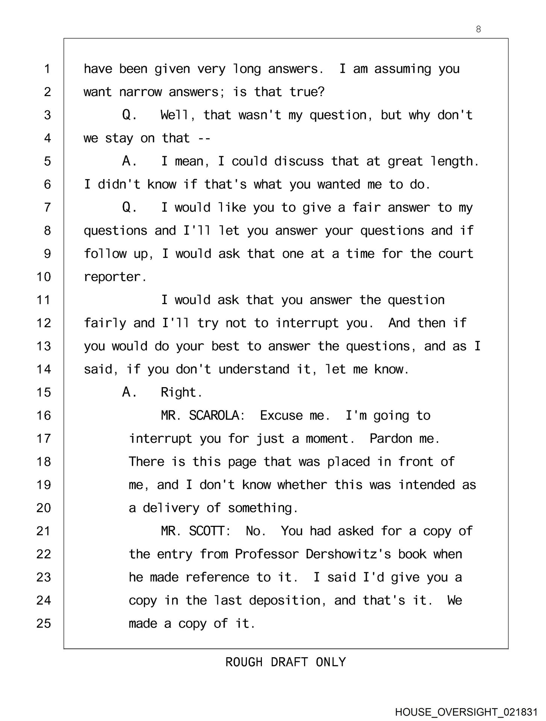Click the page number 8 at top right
[478, 29]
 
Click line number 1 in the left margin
[47, 69]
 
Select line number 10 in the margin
[44, 277]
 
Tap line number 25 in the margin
[44, 623]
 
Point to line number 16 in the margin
[44, 415]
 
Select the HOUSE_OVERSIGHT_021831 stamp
[466, 712]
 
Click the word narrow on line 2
[140, 92]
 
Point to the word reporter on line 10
[112, 277]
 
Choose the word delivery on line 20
[171, 508]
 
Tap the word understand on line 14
[254, 370]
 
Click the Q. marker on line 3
[130, 115]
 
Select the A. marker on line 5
[130, 161]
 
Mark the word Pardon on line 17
[391, 439]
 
